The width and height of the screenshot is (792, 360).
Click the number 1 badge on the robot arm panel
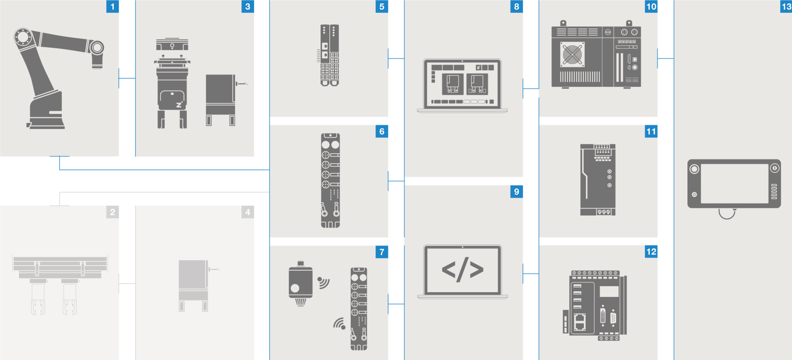point(112,7)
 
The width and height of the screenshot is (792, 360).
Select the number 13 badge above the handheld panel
point(786,7)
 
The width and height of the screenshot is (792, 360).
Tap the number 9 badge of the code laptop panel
point(516,192)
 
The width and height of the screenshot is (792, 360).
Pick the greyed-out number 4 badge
point(247,212)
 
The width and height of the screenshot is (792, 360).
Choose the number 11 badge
point(651,132)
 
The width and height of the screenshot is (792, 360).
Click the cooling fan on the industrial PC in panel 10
point(572,54)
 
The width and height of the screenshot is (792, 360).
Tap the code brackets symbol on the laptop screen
point(462,269)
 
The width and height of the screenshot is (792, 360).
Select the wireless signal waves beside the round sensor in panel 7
point(324,282)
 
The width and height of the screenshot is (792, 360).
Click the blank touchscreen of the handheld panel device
point(734,184)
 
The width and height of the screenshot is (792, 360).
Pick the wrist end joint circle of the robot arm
point(97,48)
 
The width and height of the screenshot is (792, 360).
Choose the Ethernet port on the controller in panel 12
point(580,322)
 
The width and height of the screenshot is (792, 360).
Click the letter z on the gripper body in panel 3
point(179,105)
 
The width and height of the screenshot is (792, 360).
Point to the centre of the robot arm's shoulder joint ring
point(23,37)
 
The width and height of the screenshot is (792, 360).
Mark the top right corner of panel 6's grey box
point(388,125)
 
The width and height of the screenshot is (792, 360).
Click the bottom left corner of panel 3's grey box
point(135,156)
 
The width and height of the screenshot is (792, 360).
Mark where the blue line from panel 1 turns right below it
point(59,169)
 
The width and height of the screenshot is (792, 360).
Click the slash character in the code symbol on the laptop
point(462,269)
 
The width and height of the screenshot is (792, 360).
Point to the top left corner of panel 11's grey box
point(539,125)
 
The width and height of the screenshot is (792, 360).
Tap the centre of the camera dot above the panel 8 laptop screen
point(462,61)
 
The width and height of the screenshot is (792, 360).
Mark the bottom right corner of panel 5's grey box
point(388,117)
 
